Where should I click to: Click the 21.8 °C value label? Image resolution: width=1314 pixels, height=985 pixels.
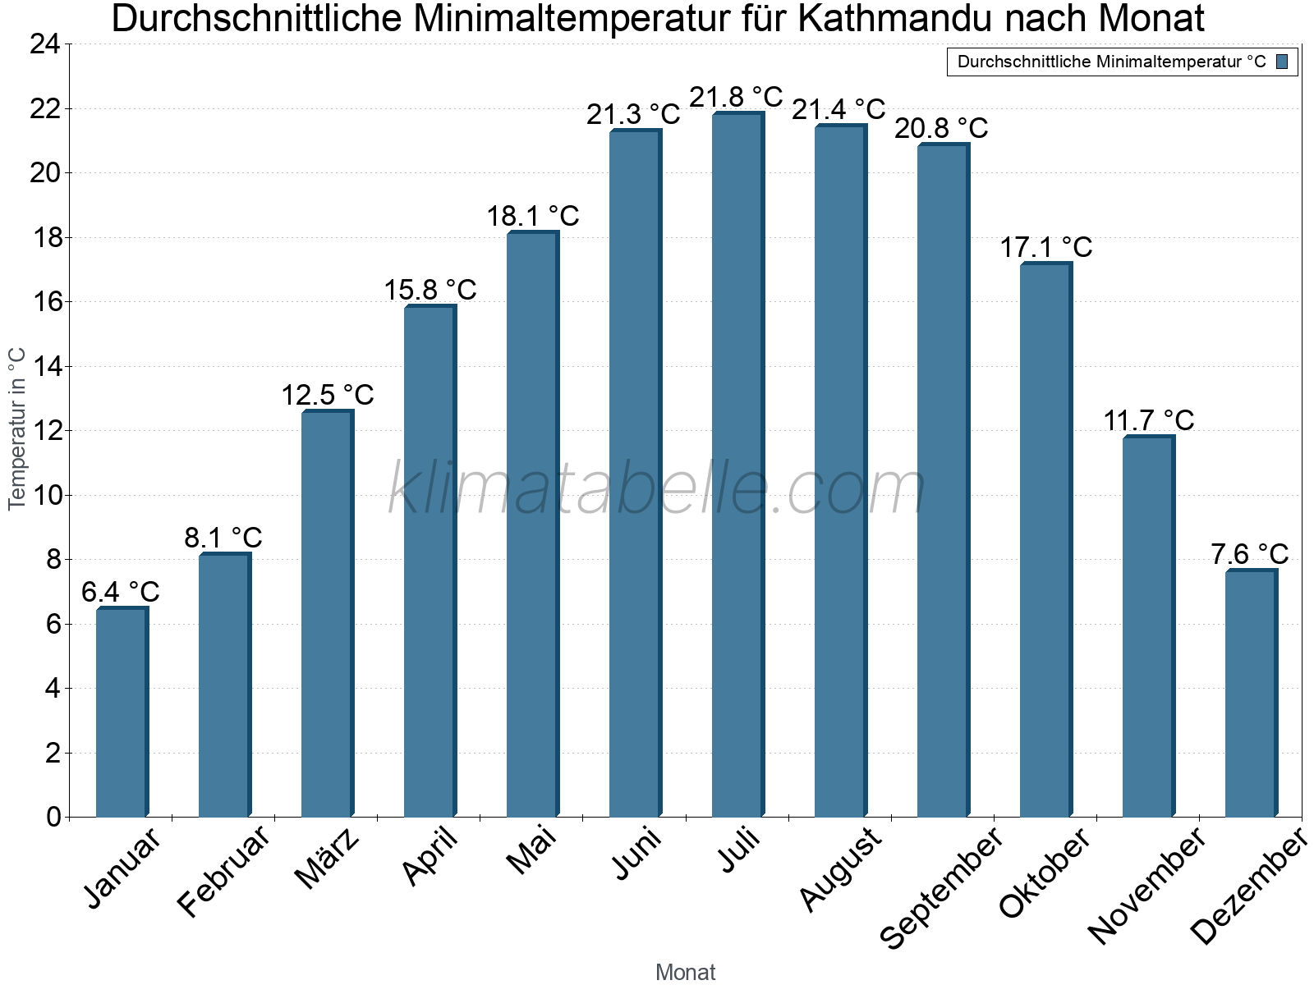[x=736, y=98]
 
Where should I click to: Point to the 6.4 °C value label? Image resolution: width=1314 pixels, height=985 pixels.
[x=121, y=592]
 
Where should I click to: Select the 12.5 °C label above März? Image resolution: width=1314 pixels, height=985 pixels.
[x=328, y=396]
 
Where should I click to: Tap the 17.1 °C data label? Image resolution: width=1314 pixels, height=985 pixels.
[x=1045, y=247]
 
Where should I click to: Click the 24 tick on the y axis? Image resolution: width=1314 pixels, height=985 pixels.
[x=45, y=44]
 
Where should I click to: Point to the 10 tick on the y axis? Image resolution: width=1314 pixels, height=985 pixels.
[x=45, y=495]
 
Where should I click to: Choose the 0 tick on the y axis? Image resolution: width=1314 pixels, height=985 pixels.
[x=53, y=817]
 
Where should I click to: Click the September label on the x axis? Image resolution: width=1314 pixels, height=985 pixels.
[x=941, y=886]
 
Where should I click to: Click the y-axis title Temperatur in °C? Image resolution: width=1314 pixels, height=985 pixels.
[x=17, y=428]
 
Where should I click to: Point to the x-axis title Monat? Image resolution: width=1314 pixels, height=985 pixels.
[x=686, y=973]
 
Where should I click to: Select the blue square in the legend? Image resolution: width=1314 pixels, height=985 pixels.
[x=1282, y=62]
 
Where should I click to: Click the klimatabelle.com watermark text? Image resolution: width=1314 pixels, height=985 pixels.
[x=657, y=489]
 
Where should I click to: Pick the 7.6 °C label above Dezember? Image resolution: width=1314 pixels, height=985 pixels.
[x=1249, y=554]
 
